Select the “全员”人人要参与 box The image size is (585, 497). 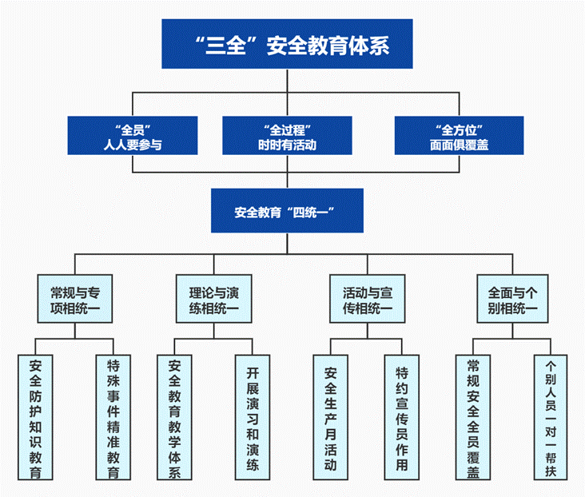pos(132,136)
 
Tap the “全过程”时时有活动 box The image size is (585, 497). pos(287,136)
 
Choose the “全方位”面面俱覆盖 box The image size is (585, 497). pos(459,136)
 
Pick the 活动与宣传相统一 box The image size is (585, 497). pos(365,299)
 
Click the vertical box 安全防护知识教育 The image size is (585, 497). pos(36,417)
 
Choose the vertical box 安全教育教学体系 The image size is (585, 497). pos(176,417)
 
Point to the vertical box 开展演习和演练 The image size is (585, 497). pos(253,417)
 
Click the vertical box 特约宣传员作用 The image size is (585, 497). pos(402,417)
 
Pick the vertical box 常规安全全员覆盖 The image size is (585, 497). pos(474,417)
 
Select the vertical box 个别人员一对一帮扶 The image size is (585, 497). pos(550,417)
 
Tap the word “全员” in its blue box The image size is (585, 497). pos(132,128)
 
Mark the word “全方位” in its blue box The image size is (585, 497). pos(459,128)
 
